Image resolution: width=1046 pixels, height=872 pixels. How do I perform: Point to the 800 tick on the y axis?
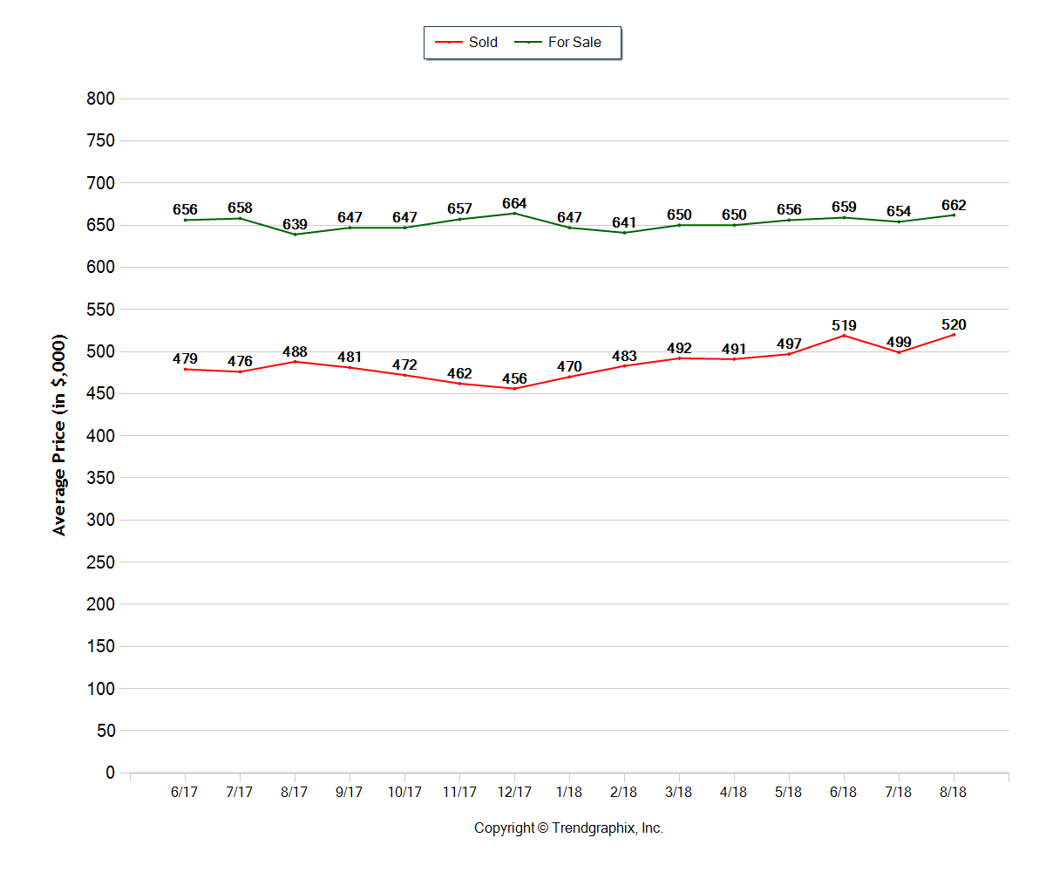(101, 99)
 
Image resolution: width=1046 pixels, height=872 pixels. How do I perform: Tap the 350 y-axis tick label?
(101, 478)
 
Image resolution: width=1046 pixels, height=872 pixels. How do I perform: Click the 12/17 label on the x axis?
(514, 793)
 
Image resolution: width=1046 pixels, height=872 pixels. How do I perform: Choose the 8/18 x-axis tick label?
(954, 793)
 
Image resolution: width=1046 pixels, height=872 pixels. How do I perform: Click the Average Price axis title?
(59, 434)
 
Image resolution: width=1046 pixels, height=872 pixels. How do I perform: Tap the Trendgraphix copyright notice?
(568, 828)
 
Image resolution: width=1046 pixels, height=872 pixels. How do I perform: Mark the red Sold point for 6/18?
(844, 336)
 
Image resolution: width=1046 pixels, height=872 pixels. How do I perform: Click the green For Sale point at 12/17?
(514, 214)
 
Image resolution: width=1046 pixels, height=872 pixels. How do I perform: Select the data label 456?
(514, 378)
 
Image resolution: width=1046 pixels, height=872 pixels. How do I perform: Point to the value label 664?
(514, 204)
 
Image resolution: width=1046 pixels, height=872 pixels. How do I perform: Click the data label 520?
(954, 325)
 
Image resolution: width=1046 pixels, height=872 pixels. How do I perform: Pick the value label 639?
(295, 225)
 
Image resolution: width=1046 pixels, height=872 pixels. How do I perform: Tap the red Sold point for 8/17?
(295, 361)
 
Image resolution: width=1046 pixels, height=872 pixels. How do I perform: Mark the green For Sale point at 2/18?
(624, 233)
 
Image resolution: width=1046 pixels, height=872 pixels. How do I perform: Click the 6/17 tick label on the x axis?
(185, 793)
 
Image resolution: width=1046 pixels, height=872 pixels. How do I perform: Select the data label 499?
(899, 342)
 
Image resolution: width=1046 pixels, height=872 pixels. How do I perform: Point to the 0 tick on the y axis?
(110, 773)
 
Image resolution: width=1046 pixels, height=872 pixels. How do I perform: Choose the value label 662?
(954, 206)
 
